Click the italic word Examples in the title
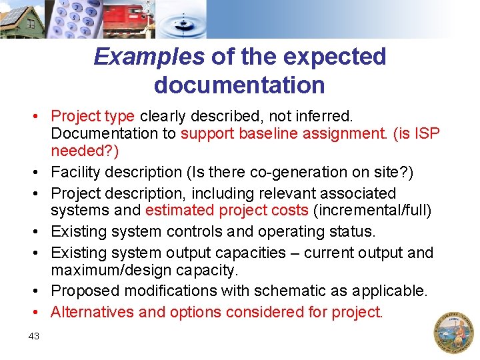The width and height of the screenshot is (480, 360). coord(149,57)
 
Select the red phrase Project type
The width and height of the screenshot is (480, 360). coord(93,117)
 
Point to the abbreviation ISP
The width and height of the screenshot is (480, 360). coord(426,133)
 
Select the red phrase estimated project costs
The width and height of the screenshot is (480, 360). coord(227,211)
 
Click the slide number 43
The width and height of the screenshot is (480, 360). coord(34,337)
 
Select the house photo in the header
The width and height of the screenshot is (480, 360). coord(22,19)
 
